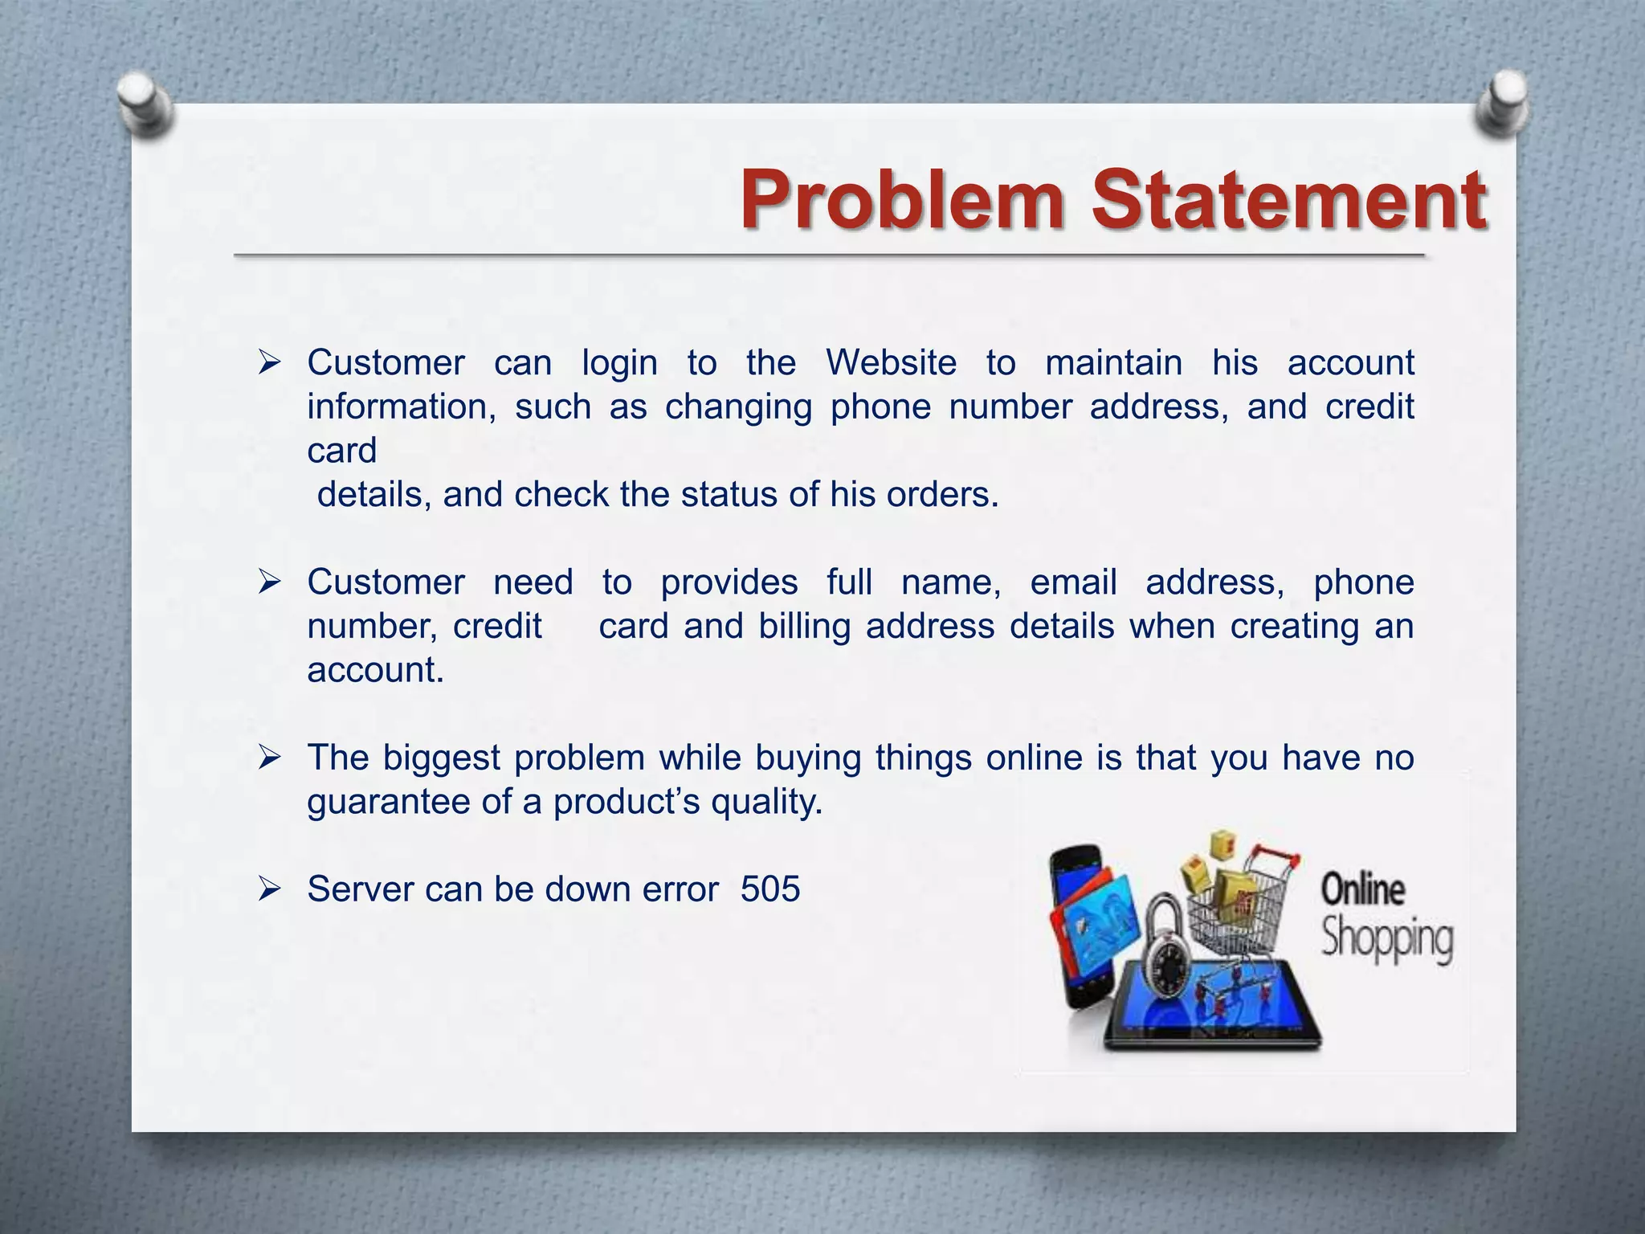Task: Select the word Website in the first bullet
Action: pyautogui.click(x=892, y=363)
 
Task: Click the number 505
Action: pyautogui.click(x=770, y=889)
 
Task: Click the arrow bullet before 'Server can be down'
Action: pyautogui.click(x=269, y=889)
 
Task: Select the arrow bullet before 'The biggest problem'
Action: pyautogui.click(x=269, y=758)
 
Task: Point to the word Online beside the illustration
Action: pyautogui.click(x=1363, y=890)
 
